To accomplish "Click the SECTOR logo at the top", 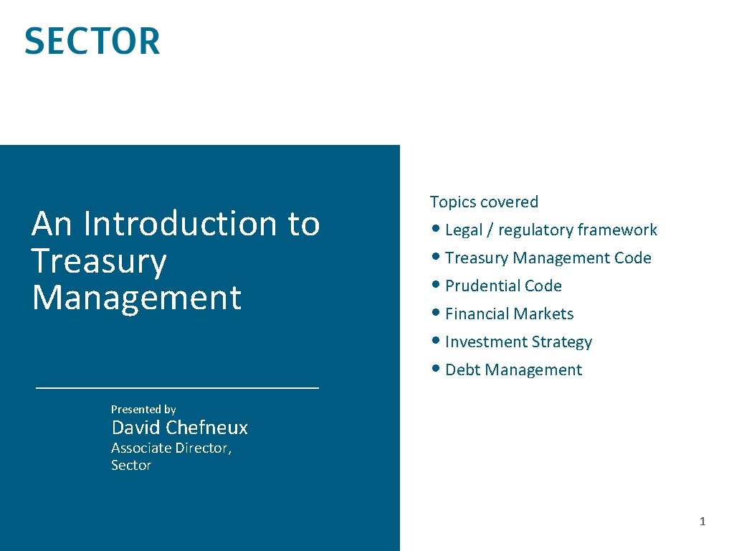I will (x=92, y=41).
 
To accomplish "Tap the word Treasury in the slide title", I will (x=99, y=260).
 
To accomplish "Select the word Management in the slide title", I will (x=136, y=297).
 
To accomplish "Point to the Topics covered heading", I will (x=484, y=202).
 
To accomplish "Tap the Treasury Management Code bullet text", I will (x=548, y=258).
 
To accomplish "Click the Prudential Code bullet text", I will (x=503, y=286).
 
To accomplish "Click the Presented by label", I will (x=143, y=409).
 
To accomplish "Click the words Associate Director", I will (x=171, y=448).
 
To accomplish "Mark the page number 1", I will (x=702, y=522).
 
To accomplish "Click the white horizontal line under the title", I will (x=177, y=387).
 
